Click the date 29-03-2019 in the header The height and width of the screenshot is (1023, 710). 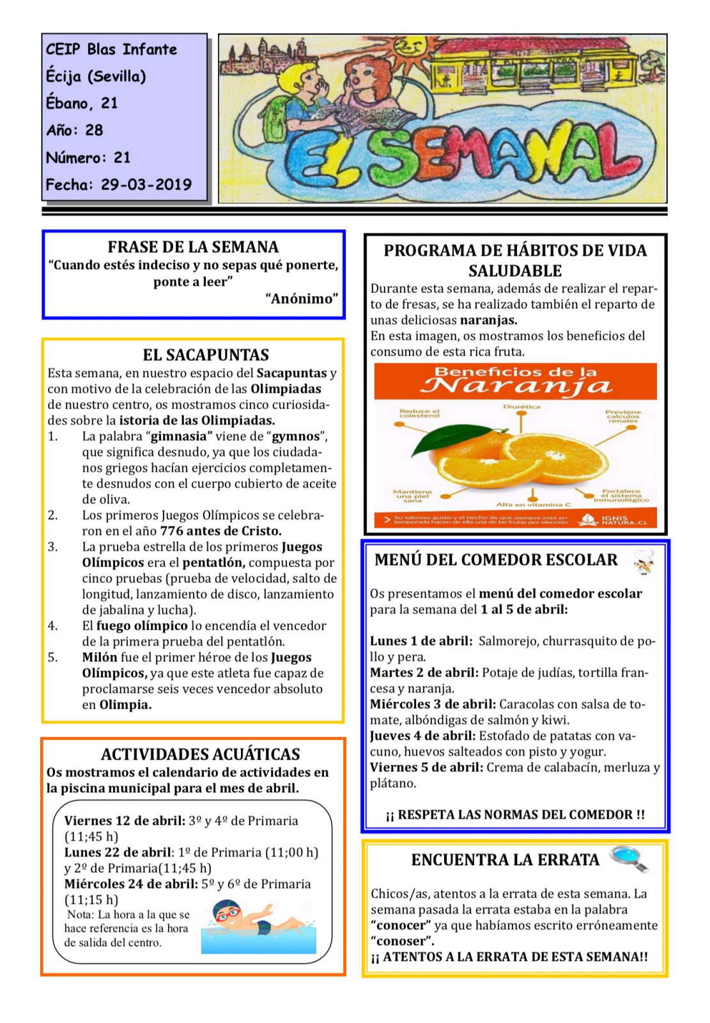click(146, 185)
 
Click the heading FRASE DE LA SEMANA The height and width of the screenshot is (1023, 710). click(193, 247)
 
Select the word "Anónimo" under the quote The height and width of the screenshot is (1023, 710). click(302, 299)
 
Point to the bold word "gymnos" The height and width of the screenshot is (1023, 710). click(296, 437)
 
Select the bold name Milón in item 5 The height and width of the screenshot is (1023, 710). click(99, 657)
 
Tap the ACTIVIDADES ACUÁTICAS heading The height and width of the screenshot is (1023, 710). click(200, 754)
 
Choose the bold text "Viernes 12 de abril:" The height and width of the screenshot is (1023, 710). click(125, 821)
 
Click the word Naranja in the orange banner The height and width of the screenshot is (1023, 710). click(515, 386)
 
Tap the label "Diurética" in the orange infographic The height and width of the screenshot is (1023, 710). click(521, 407)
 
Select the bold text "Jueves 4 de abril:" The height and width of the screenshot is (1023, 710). click(422, 736)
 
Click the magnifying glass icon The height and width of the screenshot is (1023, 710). click(629, 859)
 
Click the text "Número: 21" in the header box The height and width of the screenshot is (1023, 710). click(88, 158)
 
